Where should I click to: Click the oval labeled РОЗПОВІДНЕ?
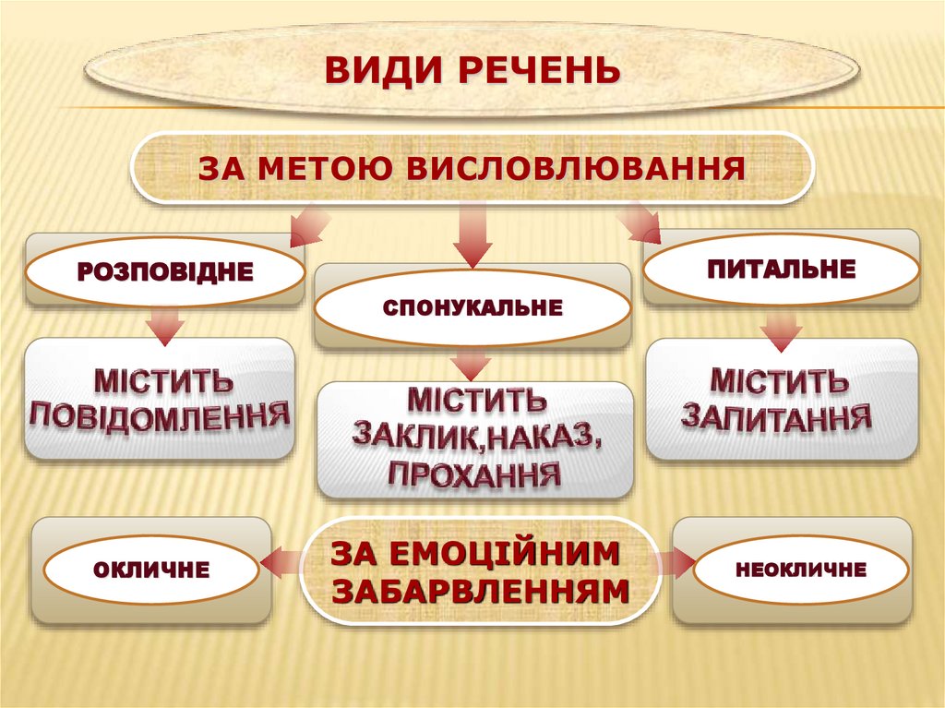point(164,271)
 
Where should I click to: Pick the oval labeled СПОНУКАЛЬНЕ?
point(472,307)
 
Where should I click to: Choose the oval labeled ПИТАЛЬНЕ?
point(781,270)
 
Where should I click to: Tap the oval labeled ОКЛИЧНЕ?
point(151,570)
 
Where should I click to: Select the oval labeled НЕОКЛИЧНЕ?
point(800,570)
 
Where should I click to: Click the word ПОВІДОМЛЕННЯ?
point(159,416)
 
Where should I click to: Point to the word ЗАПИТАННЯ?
point(777,416)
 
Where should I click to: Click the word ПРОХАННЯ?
point(474,475)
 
